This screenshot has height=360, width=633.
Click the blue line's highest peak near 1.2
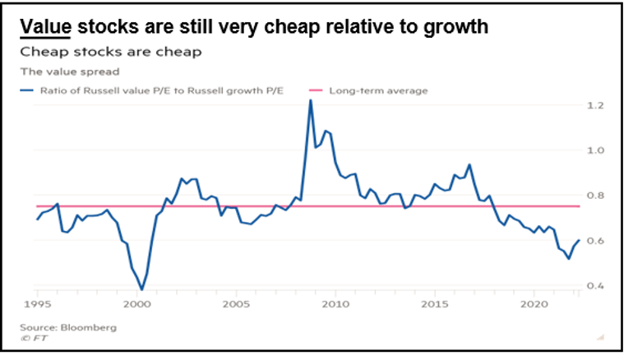(x=310, y=100)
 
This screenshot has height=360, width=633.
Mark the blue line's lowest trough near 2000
(x=141, y=289)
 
